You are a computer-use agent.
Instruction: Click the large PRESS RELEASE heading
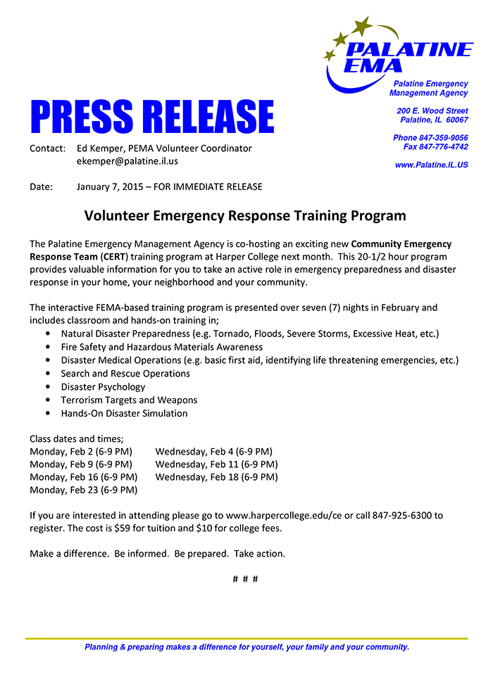tap(151, 117)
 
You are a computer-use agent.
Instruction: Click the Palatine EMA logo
tap(397, 53)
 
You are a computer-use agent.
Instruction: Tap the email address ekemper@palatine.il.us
tap(127, 161)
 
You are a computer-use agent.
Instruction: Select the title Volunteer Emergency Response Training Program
tap(245, 215)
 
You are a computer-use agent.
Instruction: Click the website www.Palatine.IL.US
tap(431, 165)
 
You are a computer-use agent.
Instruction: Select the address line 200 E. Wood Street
tap(432, 111)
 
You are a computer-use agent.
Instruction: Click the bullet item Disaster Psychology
tap(103, 387)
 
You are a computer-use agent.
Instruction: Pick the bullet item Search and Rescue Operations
tap(125, 374)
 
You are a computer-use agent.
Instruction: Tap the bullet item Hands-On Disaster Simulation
tap(124, 414)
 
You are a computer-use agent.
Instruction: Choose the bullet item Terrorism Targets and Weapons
tap(129, 400)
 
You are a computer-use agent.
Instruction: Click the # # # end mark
tap(245, 579)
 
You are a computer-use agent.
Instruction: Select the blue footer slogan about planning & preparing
tap(246, 647)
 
